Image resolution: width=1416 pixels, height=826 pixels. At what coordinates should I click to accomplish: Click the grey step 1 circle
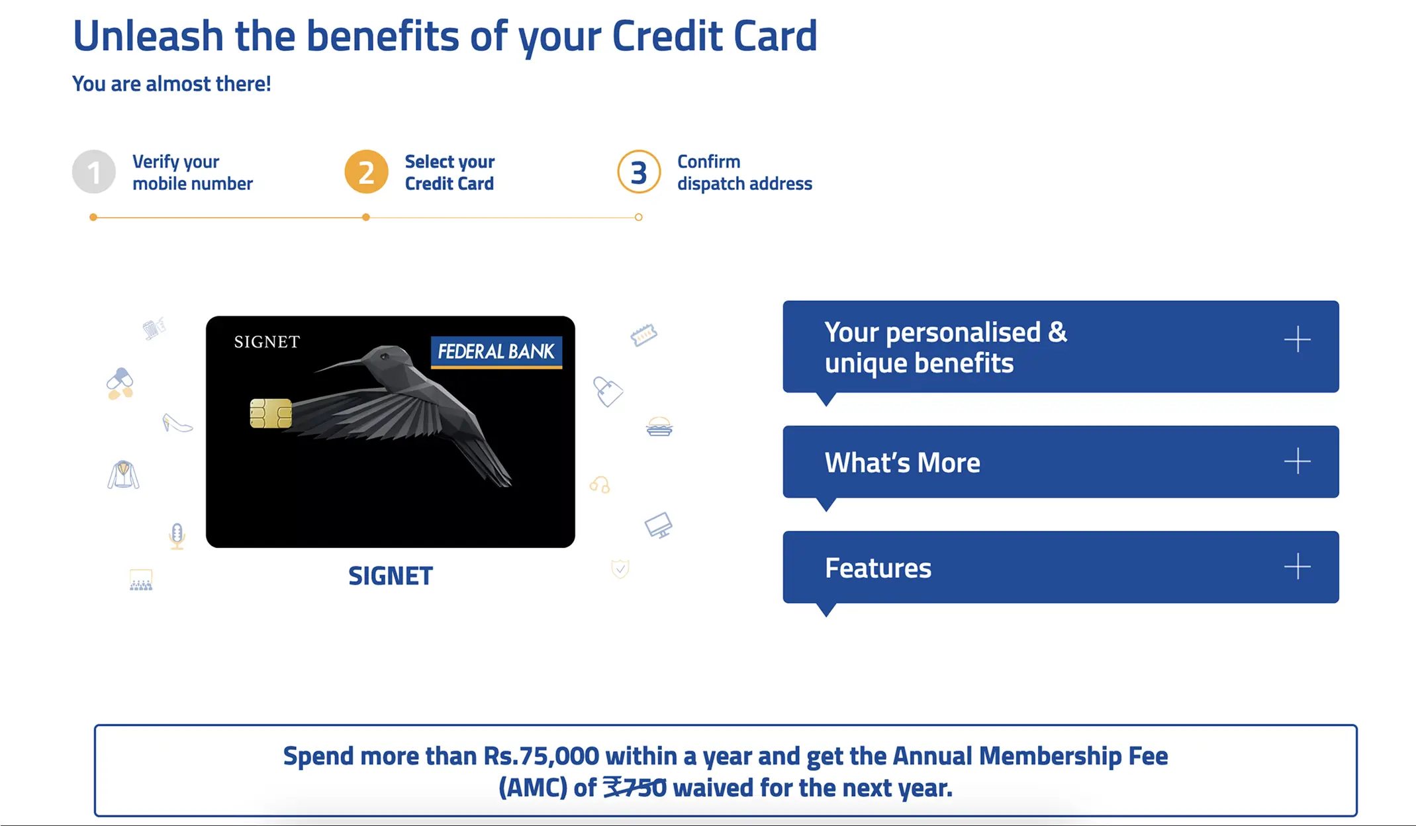click(x=94, y=172)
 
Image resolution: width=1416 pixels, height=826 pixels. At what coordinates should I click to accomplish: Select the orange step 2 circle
click(x=366, y=172)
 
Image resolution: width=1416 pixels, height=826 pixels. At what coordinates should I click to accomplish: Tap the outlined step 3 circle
click(x=639, y=172)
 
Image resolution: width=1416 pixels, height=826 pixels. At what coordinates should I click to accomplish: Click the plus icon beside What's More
click(x=1298, y=461)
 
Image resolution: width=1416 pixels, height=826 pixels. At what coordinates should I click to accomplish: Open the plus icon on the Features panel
click(x=1298, y=567)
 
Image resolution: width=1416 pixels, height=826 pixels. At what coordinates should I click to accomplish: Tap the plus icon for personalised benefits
click(x=1298, y=340)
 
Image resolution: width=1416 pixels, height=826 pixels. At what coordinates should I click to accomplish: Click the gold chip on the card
click(x=271, y=414)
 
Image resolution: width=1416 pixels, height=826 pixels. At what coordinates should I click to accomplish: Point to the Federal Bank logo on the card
click(x=496, y=351)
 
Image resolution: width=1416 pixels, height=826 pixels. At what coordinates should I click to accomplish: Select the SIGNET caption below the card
click(x=391, y=576)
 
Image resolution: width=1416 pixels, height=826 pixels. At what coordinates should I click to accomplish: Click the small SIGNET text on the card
click(x=267, y=342)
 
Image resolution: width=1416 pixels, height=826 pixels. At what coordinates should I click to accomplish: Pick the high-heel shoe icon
click(x=177, y=423)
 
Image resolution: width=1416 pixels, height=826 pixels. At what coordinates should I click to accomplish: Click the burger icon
click(x=659, y=427)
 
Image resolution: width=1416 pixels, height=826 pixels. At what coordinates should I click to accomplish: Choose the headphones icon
click(x=600, y=485)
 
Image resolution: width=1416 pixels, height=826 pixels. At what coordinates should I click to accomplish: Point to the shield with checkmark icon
click(x=620, y=569)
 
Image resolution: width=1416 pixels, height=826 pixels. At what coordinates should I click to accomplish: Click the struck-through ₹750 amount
click(x=635, y=788)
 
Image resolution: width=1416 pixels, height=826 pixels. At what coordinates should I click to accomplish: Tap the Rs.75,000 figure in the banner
click(x=541, y=756)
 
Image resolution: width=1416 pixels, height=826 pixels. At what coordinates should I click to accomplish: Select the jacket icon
click(x=123, y=475)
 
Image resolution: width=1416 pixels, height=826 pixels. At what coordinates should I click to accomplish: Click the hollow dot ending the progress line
click(x=639, y=217)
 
